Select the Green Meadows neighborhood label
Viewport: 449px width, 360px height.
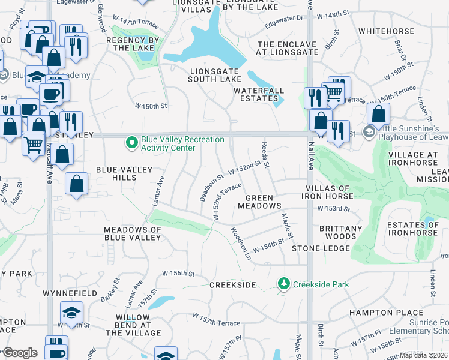click(263, 202)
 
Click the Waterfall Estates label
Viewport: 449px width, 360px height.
click(259, 95)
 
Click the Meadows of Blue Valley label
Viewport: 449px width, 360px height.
click(133, 234)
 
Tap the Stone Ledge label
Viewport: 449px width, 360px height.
click(321, 248)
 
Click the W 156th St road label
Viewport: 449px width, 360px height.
click(179, 274)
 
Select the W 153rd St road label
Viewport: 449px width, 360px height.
click(333, 209)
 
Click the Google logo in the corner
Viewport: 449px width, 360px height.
click(20, 352)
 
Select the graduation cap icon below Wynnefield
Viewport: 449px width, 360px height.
click(71, 313)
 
